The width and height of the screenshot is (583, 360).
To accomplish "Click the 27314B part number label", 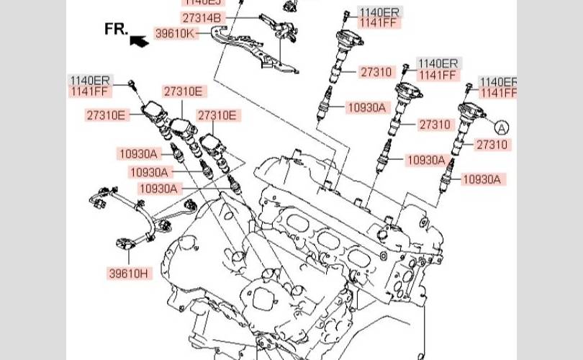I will [x=202, y=17].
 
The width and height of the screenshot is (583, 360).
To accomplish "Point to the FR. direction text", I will [x=117, y=28].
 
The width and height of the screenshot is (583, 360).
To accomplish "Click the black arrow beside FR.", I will [x=138, y=41].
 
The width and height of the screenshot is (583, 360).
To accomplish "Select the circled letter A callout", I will [x=502, y=127].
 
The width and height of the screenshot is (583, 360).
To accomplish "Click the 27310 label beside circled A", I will [x=491, y=145].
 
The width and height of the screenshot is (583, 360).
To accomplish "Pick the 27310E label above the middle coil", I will [x=184, y=91].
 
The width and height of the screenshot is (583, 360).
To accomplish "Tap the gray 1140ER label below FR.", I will [x=90, y=80].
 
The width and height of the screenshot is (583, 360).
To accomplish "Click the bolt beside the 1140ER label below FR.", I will [x=132, y=86].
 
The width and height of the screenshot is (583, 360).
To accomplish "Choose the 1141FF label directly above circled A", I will [x=499, y=93].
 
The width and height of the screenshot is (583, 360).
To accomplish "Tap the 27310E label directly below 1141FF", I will [x=106, y=114].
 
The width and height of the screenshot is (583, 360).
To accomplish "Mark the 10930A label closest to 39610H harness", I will [x=159, y=189].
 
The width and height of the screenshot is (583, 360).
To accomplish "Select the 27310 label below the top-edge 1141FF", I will [x=376, y=71].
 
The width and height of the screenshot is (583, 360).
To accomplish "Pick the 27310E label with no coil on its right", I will [x=217, y=114].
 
